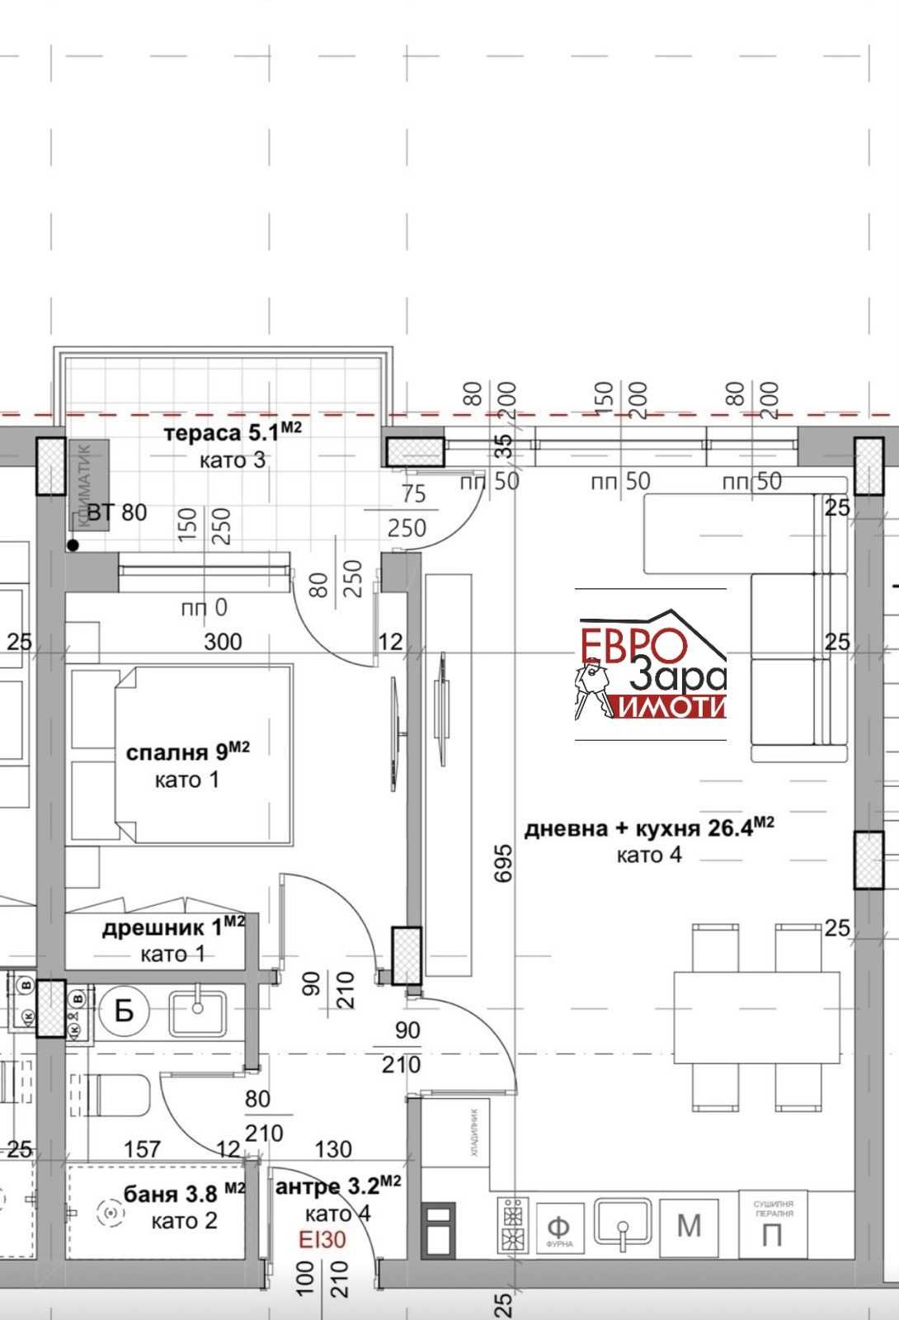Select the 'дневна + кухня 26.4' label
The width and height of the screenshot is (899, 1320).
coord(648,827)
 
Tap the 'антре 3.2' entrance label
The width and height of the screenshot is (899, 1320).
coord(337,1186)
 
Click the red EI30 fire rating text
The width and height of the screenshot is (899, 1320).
coord(323,1239)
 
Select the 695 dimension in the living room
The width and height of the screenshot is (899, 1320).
coord(505,860)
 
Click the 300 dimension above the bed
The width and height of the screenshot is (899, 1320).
coord(223,641)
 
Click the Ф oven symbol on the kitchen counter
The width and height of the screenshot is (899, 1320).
coord(558,1227)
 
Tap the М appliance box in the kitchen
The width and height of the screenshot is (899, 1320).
coord(689,1227)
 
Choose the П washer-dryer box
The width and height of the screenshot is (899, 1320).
coord(773,1227)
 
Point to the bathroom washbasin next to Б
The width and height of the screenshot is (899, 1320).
coord(197,1012)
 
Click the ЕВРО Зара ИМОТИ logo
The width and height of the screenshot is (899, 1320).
coord(651,665)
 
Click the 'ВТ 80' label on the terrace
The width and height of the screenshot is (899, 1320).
coord(116,512)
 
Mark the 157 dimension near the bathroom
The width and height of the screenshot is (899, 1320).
coord(142,1149)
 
